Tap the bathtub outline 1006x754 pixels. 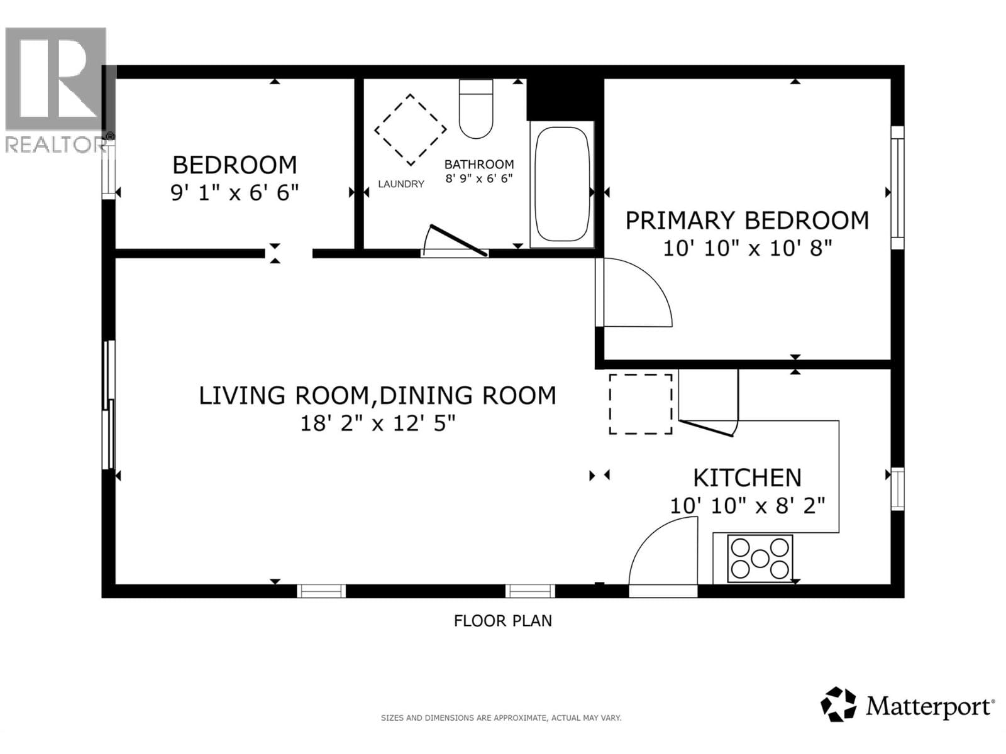pos(561,184)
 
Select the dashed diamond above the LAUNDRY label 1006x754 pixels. pos(411,130)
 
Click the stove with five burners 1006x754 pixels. pos(760,558)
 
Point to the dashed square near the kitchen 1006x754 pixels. pos(640,404)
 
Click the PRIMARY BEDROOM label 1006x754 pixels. pos(747,221)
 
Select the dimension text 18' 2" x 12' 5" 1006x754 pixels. pos(377,423)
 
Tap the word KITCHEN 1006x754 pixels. pos(747,478)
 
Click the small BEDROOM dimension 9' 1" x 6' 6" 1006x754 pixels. pos(235,192)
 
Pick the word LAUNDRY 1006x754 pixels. pos(401,184)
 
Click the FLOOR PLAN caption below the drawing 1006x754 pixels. pos(503,621)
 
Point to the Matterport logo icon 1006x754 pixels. pos(838,704)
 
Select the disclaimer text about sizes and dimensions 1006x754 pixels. pos(501,718)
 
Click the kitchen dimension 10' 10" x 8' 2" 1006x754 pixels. pos(747,506)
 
